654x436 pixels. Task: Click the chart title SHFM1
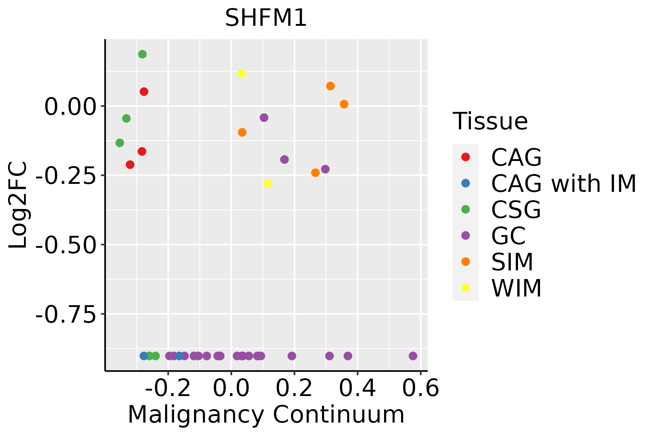(x=266, y=18)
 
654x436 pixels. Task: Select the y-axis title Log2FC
(x=18, y=205)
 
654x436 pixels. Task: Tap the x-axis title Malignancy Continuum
(x=266, y=415)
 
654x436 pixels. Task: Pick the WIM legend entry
(x=516, y=288)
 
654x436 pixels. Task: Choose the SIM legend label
(x=512, y=262)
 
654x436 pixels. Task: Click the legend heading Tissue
(x=490, y=121)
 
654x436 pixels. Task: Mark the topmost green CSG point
(x=142, y=54)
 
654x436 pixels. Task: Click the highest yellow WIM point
(x=242, y=73)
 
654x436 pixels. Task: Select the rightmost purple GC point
(x=413, y=356)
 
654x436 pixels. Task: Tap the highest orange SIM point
(x=330, y=86)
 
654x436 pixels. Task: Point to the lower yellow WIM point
(x=268, y=183)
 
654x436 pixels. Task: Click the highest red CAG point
(x=144, y=92)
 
